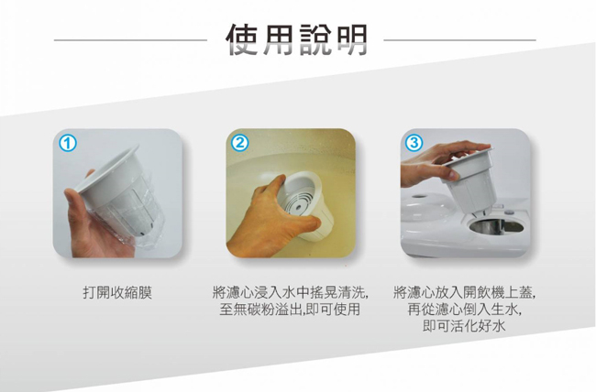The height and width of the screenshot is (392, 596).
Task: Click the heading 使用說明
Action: pos(297,39)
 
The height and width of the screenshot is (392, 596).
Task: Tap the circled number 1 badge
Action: pos(68,144)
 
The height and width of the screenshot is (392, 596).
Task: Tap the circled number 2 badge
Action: pos(240,143)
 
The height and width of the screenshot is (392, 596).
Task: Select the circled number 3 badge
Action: pos(414,143)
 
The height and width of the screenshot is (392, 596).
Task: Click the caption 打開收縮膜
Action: pos(118,293)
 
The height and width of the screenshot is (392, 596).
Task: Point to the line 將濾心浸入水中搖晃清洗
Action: pos(290,293)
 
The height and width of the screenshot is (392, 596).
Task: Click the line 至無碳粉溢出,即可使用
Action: pos(290,310)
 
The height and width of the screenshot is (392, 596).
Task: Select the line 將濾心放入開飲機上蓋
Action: pos(465,293)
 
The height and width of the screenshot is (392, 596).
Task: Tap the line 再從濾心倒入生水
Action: pos(465,310)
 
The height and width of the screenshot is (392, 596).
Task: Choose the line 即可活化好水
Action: pos(464,326)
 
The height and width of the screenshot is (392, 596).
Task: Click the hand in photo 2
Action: pos(270,221)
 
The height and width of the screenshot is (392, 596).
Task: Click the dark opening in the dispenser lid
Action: pos(496,226)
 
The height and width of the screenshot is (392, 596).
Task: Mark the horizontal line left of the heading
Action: pos(130,39)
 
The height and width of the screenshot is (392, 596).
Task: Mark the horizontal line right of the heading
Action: pos(460,39)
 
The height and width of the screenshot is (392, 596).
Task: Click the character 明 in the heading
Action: pos(351,39)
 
